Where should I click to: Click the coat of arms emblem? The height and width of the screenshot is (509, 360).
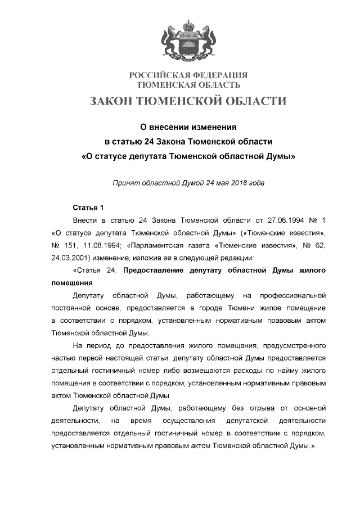(188, 42)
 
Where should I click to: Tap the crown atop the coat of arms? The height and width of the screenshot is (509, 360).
(188, 25)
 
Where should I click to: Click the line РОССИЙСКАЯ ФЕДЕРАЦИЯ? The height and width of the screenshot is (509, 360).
(188, 75)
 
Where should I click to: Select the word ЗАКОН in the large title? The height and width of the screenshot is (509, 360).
(111, 101)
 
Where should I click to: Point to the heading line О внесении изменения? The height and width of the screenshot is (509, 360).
(188, 128)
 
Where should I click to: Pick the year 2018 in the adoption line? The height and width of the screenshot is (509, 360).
(239, 183)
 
